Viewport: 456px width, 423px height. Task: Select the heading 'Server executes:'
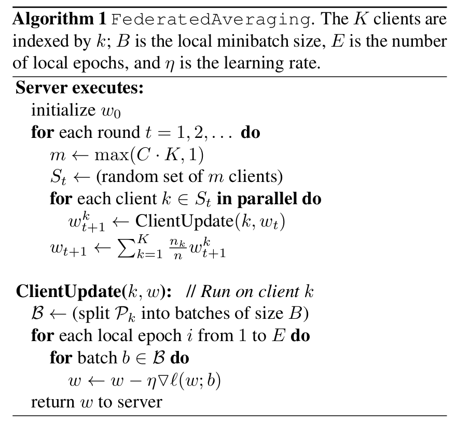(x=79, y=88)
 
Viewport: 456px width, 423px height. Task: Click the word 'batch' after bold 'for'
(x=97, y=358)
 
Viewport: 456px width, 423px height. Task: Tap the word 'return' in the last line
(x=51, y=402)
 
